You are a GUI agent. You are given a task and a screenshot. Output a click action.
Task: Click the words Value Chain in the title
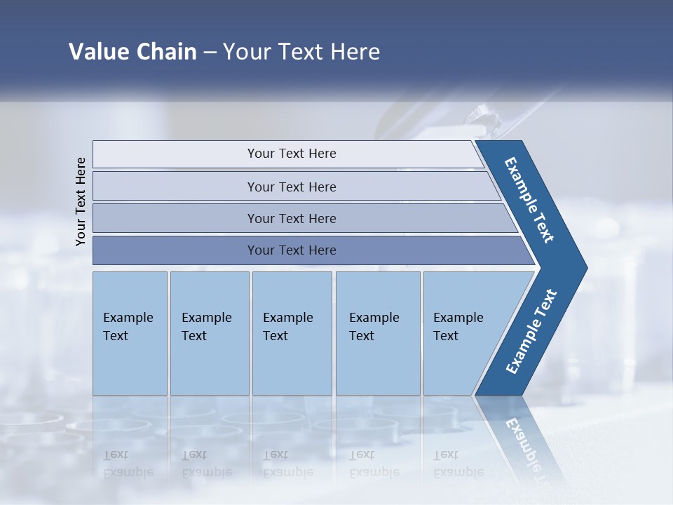pos(132,52)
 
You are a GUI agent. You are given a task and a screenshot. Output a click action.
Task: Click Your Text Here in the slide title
pos(301,52)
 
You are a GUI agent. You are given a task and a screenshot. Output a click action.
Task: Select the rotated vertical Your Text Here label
pos(81,201)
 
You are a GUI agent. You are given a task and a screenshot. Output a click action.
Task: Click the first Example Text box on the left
pos(130,333)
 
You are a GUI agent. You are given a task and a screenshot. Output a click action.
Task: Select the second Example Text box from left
pos(209,333)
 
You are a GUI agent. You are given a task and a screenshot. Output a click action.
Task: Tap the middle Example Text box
pos(292,333)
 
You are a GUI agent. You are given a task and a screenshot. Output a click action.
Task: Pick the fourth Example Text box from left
pos(378,333)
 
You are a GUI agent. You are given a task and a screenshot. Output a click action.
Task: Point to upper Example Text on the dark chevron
pos(529,200)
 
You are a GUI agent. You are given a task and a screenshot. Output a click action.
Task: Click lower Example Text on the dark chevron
pos(531,331)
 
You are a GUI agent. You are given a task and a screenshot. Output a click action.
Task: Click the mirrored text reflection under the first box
pos(128,464)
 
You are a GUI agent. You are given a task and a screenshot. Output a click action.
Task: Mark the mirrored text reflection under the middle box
pos(288,464)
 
